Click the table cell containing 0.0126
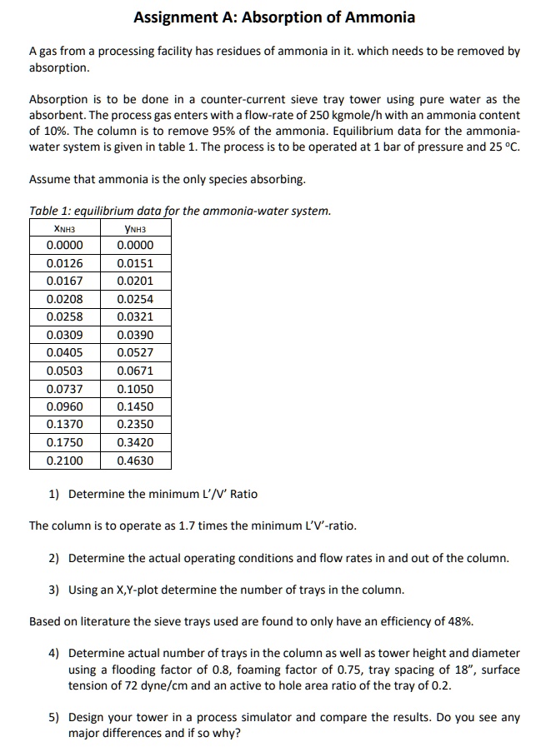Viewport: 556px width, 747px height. click(65, 263)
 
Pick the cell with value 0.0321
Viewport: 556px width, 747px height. click(135, 317)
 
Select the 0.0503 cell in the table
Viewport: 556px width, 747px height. click(65, 371)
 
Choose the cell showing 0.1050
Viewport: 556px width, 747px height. click(135, 389)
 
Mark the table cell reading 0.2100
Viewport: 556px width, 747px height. click(65, 461)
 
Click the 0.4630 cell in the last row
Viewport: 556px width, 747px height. click(135, 461)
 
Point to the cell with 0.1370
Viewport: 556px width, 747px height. click(65, 425)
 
